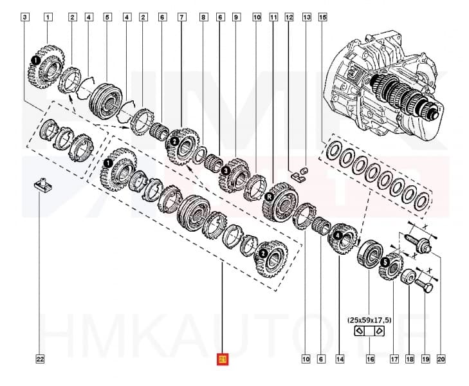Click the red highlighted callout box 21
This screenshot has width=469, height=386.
tap(223, 359)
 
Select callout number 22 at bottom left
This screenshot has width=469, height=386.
tap(40, 359)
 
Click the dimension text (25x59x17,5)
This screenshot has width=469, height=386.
tap(369, 318)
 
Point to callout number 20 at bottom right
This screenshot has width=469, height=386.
tap(441, 359)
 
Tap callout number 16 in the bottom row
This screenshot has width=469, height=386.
tap(370, 359)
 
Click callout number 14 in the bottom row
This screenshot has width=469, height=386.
tap(338, 359)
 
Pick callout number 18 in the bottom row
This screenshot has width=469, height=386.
tap(409, 359)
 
